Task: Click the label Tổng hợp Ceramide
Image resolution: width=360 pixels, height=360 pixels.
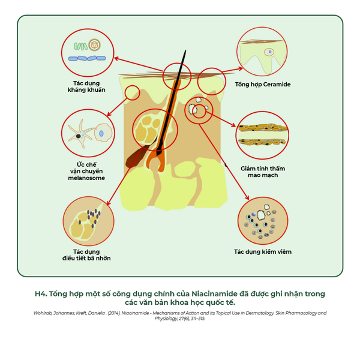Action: (x=262, y=85)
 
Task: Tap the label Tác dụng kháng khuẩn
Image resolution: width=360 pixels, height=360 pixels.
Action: (x=86, y=86)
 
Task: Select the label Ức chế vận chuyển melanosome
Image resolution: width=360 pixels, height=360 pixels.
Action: (x=86, y=171)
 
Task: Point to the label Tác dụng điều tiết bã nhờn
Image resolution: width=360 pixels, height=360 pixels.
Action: (x=86, y=255)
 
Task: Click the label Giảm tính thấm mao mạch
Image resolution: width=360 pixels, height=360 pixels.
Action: (x=263, y=172)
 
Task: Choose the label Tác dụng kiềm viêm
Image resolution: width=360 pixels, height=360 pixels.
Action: (x=263, y=251)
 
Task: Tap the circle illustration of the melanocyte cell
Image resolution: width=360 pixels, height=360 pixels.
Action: (x=88, y=135)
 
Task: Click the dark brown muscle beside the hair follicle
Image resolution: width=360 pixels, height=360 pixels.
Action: (x=135, y=158)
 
